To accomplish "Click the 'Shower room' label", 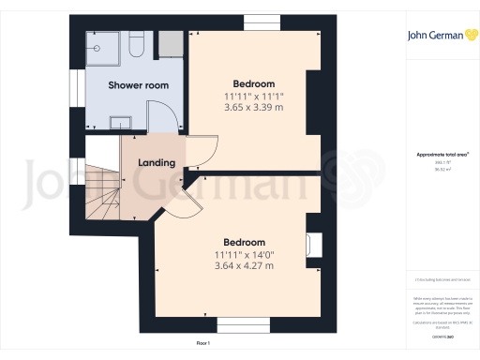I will coord(138,85).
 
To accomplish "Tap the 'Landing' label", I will coord(157,163).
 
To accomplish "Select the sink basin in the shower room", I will coord(121,120).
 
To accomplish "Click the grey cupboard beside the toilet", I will coord(170,44).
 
